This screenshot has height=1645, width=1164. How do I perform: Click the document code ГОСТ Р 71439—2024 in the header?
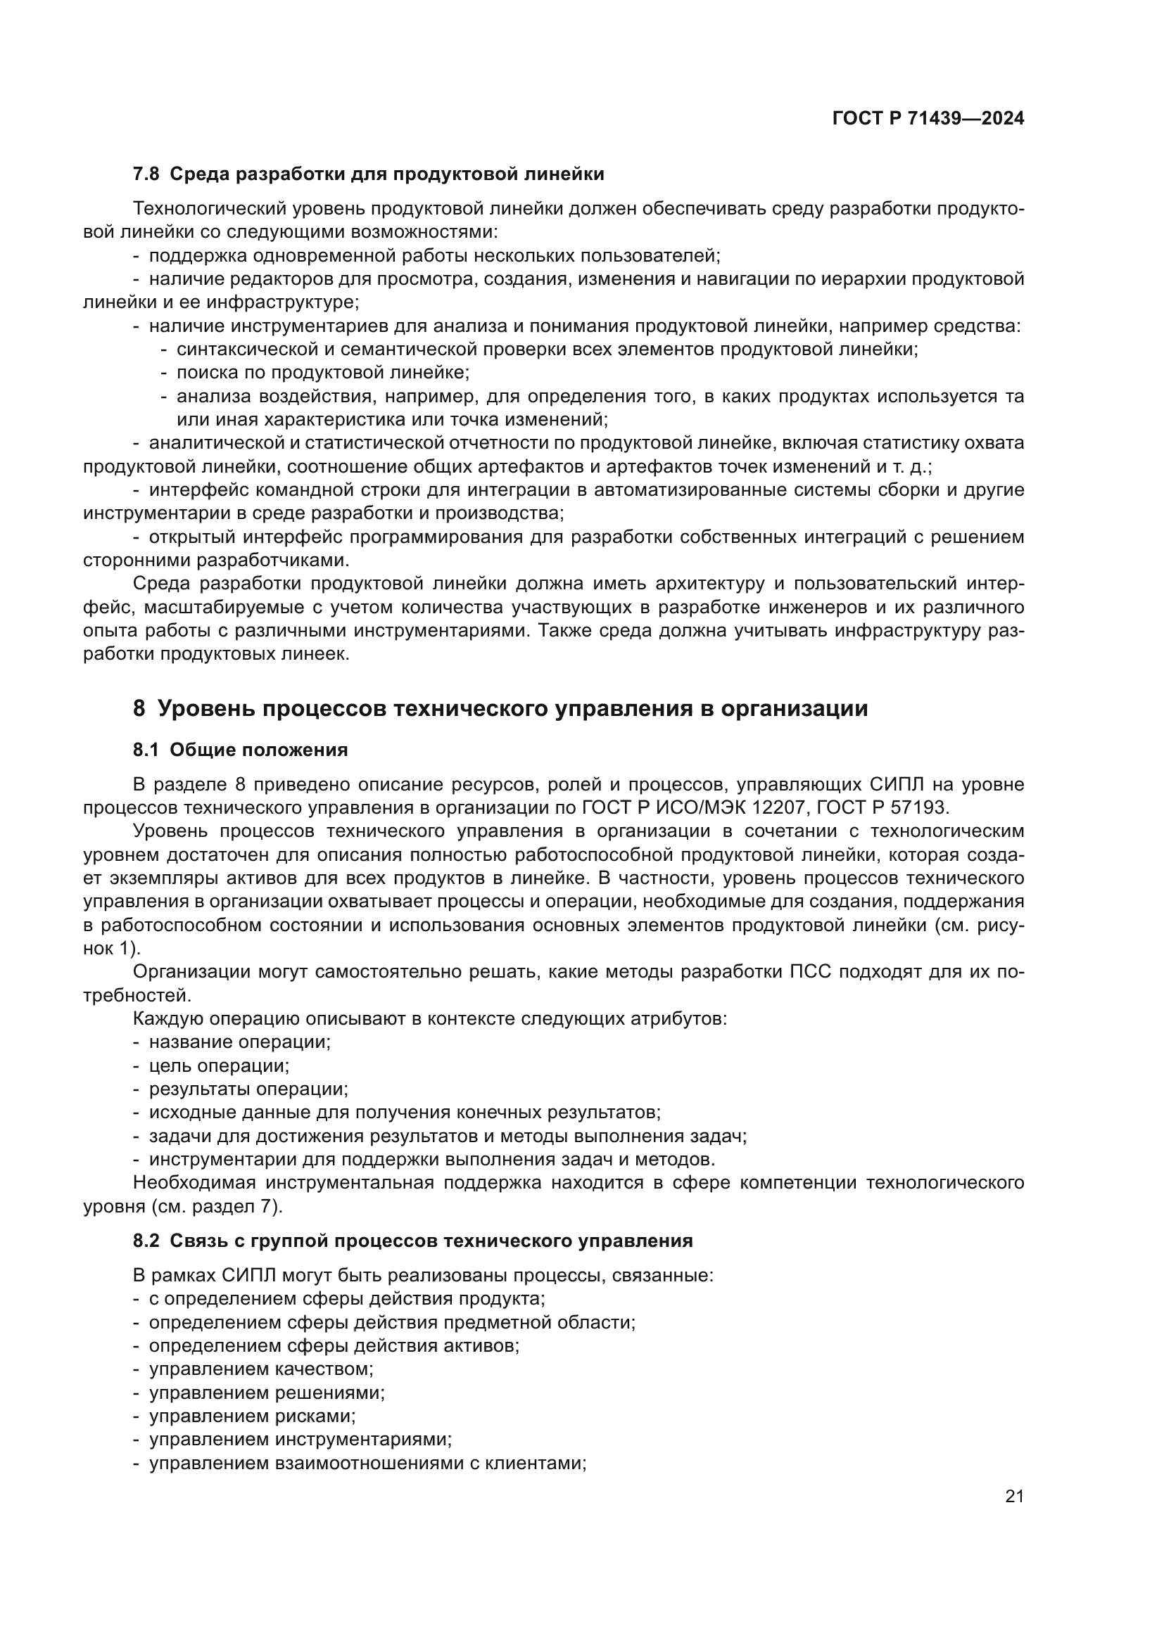tap(928, 118)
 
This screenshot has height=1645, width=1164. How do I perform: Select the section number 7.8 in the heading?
tap(146, 174)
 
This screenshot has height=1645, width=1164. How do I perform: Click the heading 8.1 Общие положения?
tap(240, 750)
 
